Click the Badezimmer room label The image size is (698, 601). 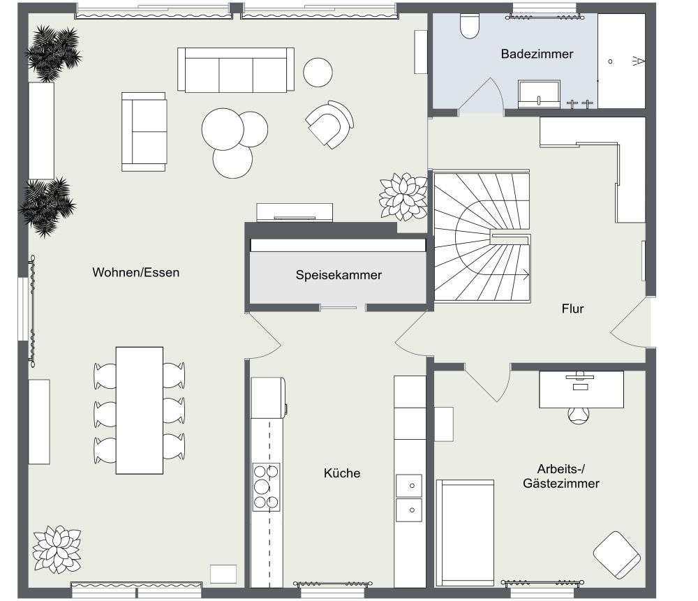click(x=537, y=54)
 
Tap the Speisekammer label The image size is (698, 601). click(x=339, y=275)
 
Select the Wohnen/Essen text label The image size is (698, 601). click(x=135, y=272)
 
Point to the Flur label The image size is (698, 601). click(x=572, y=308)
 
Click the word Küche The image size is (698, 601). click(x=342, y=473)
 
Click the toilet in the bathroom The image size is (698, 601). click(x=470, y=27)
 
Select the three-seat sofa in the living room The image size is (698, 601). click(x=236, y=70)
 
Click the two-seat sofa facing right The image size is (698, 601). click(x=144, y=131)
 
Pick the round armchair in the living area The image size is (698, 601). click(x=329, y=124)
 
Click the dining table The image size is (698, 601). click(x=139, y=410)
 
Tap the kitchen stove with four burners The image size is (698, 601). click(x=266, y=485)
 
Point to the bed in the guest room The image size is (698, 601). click(x=465, y=532)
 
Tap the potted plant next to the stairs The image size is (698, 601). click(x=403, y=196)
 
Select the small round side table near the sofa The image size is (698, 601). click(x=318, y=71)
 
